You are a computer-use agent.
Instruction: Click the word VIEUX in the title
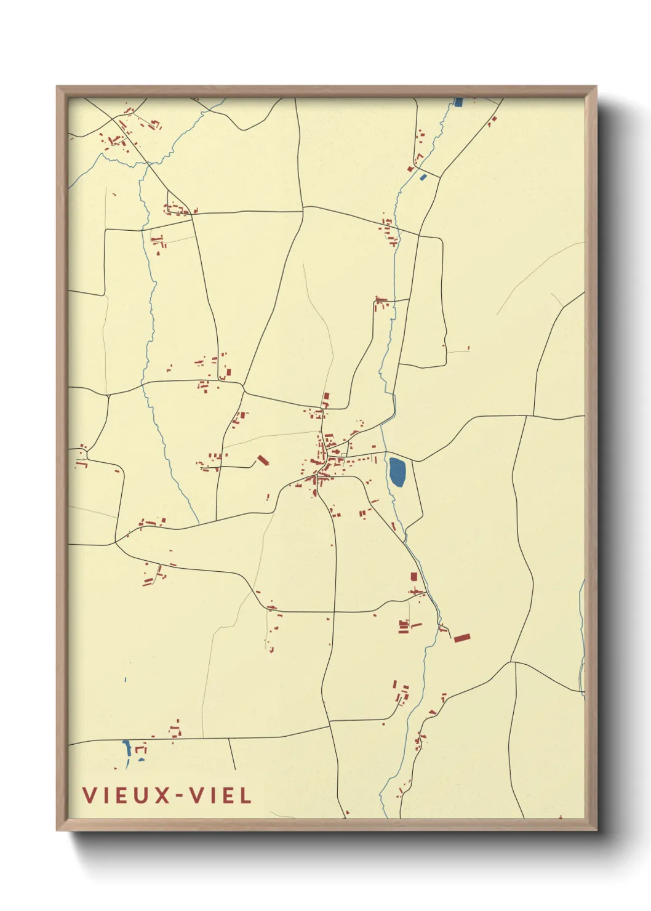[127, 795]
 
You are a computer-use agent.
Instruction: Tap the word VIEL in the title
[220, 795]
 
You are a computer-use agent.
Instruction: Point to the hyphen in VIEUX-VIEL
[179, 797]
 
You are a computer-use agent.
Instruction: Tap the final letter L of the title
[246, 795]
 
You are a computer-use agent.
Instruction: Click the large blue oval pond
[397, 472]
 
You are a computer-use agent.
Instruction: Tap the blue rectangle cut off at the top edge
[458, 102]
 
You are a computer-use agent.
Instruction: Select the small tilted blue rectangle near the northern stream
[423, 178]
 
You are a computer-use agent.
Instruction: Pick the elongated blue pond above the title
[127, 750]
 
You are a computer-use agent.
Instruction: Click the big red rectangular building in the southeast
[461, 638]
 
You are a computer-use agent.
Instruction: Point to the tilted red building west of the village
[263, 460]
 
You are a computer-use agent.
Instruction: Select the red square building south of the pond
[414, 577]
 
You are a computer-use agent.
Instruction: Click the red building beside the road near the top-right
[492, 121]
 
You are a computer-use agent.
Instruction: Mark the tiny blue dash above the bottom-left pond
[125, 680]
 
